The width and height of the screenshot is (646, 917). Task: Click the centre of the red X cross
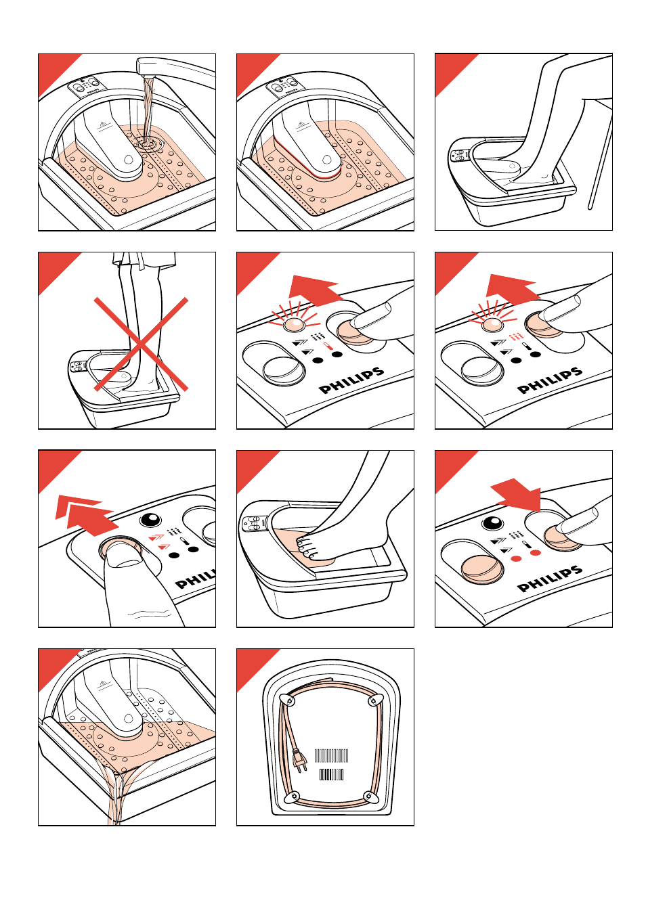[x=140, y=344]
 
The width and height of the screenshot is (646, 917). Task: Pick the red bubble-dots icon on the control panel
[x=516, y=336]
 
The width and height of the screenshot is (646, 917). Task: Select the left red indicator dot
[x=516, y=558]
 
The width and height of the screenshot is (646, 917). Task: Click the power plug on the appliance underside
[x=299, y=761]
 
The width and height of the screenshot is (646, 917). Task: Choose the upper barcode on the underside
[x=332, y=755]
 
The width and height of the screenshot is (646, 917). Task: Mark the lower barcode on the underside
[x=331, y=774]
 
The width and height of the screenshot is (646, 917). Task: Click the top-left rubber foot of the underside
[x=290, y=700]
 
